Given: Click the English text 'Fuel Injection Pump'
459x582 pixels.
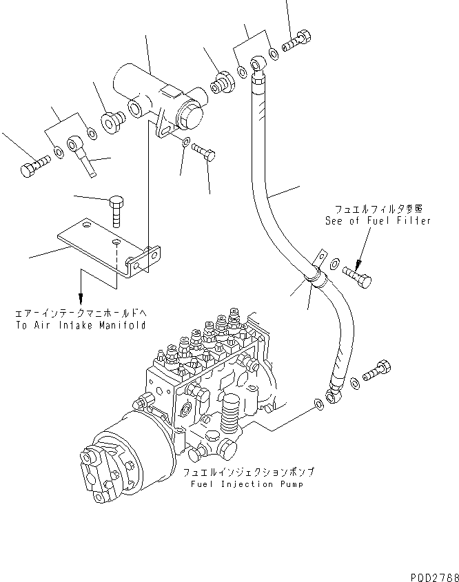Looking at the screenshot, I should (247, 484).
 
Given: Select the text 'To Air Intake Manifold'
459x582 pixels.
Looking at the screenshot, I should (81, 325).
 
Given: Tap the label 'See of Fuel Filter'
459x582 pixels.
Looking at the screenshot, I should (378, 220).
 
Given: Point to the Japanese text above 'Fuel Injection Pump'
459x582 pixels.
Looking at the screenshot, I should (247, 473).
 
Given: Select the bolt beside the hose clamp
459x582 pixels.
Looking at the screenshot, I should (362, 278).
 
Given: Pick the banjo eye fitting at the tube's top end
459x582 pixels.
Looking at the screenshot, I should (258, 66).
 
